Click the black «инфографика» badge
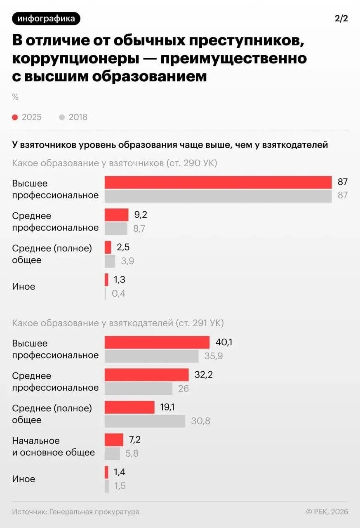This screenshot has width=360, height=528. (46, 19)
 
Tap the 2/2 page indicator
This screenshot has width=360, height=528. (341, 19)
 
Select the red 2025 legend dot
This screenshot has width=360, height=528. (15, 117)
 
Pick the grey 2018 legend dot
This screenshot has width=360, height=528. (62, 117)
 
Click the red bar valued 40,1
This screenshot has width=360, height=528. (157, 342)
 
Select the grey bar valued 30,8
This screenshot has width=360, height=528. (145, 421)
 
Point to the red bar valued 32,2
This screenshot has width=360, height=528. (146, 375)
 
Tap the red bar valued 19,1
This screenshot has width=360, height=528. (129, 407)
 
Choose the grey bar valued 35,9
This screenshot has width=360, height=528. (151, 356)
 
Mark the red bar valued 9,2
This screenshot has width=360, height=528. (116, 214)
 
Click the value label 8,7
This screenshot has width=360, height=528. (139, 229)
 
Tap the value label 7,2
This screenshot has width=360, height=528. (135, 439)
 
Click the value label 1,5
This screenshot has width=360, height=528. (120, 486)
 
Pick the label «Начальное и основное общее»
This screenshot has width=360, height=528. (54, 446)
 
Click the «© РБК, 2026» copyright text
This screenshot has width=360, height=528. (327, 512)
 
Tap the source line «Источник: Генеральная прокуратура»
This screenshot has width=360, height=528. (76, 512)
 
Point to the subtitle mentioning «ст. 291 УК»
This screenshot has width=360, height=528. (118, 323)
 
